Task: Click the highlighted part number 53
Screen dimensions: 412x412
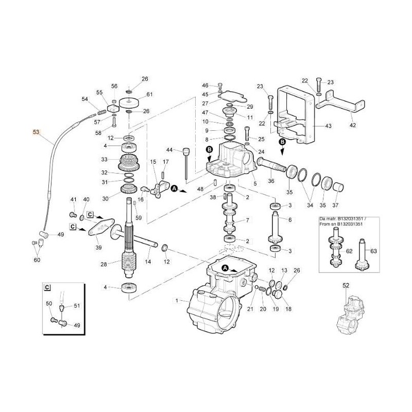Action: coord(36,132)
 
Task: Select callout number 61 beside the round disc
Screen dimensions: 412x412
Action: coord(149,94)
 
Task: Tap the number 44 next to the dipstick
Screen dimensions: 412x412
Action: coord(169,150)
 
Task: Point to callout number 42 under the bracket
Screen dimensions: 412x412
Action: coord(352,125)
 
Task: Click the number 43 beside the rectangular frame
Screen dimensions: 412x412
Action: coord(328,126)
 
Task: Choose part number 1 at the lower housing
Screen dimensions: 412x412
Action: coord(178,300)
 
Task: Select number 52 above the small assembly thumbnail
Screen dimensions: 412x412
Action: coord(346,285)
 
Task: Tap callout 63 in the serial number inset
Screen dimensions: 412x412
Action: coord(374,252)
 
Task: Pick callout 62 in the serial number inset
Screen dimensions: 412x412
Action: coord(350,252)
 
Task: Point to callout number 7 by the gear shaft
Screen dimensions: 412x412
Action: coord(247,220)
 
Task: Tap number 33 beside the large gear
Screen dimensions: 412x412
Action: coord(104,159)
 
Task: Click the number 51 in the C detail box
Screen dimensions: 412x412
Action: coord(77,306)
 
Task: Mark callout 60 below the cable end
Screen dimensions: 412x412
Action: coord(36,260)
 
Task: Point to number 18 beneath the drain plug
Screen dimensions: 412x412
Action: coord(288,309)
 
